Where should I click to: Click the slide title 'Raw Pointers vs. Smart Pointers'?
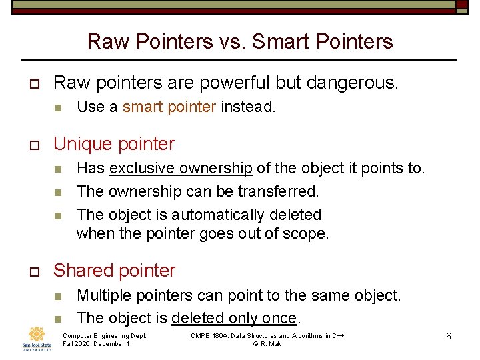tap(240, 42)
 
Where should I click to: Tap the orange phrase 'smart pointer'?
tap(169, 107)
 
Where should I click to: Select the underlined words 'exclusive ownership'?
tap(181, 168)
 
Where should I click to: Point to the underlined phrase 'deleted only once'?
tap(233, 318)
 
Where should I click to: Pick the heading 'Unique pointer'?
tap(113, 144)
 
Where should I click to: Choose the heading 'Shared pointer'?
tap(114, 271)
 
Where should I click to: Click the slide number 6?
tap(449, 337)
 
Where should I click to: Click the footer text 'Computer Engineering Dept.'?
tap(104, 335)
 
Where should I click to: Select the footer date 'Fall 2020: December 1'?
tap(96, 344)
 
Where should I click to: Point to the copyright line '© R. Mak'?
tap(267, 344)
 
